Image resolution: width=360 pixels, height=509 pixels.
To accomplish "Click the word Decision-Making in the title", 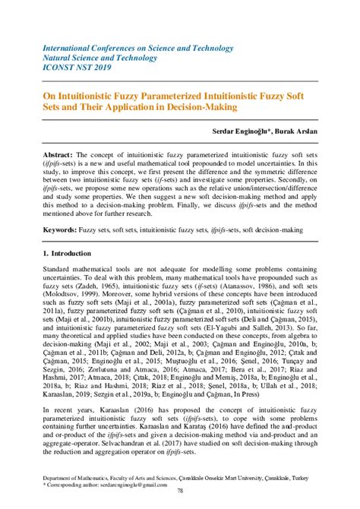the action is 199,107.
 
